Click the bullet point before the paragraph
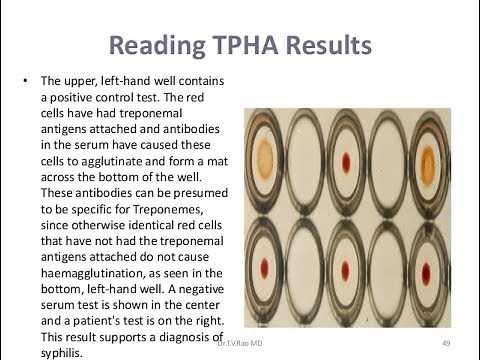(23, 79)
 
